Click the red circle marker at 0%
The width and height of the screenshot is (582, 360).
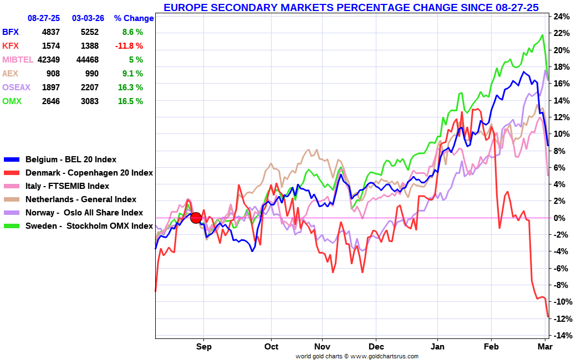click(196, 218)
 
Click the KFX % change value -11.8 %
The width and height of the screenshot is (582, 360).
click(129, 46)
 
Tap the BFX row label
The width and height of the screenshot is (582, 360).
click(11, 32)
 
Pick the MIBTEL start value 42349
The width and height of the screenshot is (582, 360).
click(48, 60)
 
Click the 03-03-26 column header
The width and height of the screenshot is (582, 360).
click(88, 18)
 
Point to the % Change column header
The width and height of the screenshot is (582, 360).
click(134, 18)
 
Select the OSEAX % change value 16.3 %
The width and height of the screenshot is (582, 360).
click(129, 88)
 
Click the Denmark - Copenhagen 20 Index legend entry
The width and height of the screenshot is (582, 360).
click(89, 173)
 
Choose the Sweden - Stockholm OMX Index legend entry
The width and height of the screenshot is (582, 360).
click(89, 226)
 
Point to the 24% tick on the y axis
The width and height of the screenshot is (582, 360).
click(561, 17)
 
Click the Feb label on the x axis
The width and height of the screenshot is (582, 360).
click(491, 347)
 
